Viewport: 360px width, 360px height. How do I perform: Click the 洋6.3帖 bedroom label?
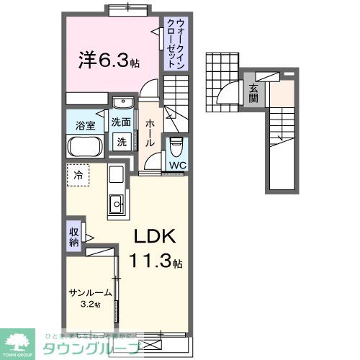pos(108,59)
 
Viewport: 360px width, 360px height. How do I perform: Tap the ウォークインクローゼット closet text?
pos(175,45)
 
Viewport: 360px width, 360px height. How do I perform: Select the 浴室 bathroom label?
pos(86,125)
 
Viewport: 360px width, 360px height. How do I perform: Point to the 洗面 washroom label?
pos(121,122)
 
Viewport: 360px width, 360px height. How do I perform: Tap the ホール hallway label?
pos(150,134)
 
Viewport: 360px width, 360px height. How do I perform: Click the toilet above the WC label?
pos(176,148)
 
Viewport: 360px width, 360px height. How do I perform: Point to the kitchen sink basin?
pos(115,207)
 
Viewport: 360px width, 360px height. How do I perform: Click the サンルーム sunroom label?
pos(90,293)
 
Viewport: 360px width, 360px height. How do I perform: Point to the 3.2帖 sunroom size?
pos(90,305)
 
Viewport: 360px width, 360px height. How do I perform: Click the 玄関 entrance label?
pos(254,93)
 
